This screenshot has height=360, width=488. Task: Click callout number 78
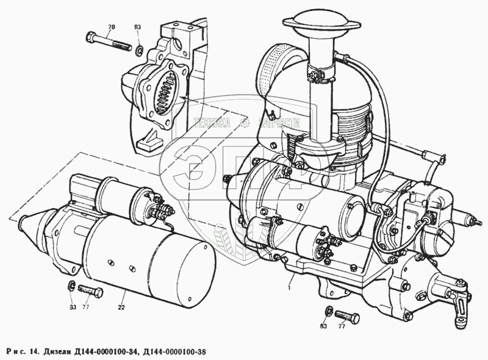[x=111, y=27]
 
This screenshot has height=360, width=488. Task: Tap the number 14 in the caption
[x=35, y=351]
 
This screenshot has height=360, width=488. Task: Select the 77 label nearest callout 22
[x=85, y=307]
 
